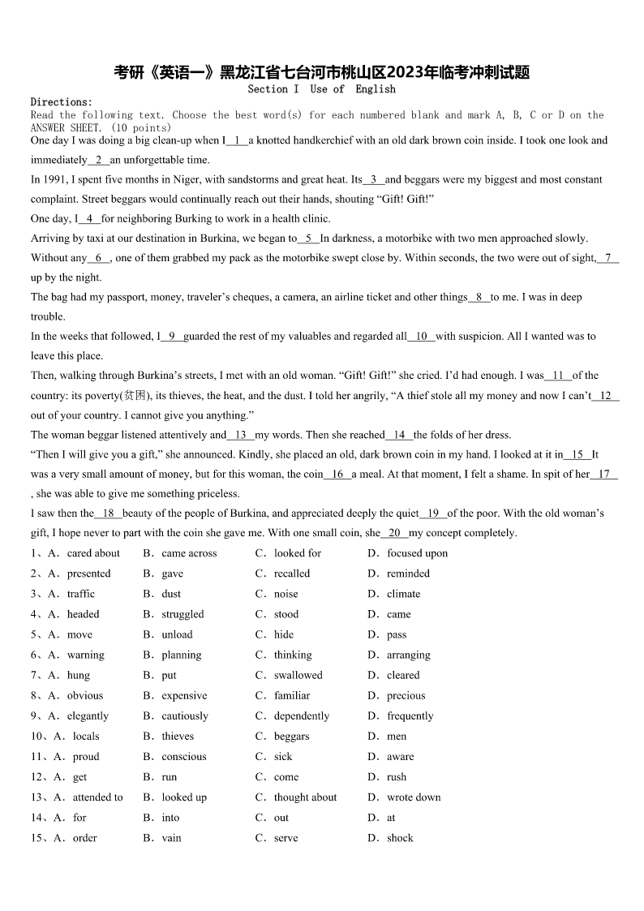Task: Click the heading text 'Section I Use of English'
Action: point(321,89)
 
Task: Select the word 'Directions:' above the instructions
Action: point(62,102)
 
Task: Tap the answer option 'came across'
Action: point(189,553)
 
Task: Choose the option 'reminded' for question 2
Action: point(408,574)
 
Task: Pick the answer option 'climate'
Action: point(403,594)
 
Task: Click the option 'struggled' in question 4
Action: point(182,614)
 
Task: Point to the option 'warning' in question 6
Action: point(85,655)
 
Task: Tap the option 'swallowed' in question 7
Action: point(298,675)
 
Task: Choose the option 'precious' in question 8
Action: point(406,695)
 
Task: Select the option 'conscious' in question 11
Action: point(184,756)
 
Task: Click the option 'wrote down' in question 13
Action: point(414,797)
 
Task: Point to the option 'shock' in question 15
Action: point(400,837)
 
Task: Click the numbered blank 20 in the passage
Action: point(395,533)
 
